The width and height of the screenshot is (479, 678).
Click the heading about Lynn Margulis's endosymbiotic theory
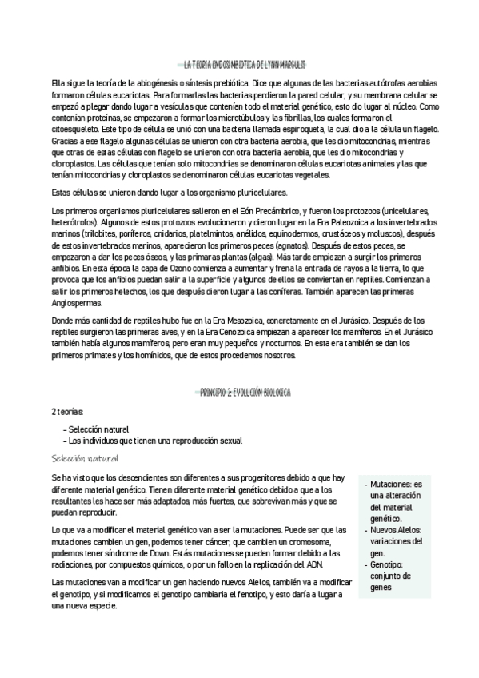click(x=244, y=65)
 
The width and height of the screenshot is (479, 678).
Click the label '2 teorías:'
click(x=68, y=411)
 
